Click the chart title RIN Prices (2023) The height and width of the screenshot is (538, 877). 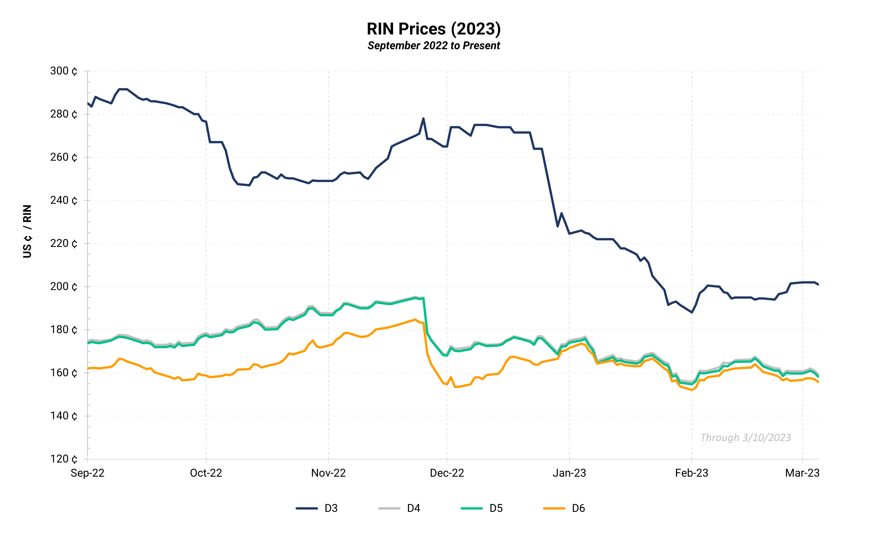point(433,29)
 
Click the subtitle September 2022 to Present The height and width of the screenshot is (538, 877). point(433,46)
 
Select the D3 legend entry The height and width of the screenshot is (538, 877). point(317,508)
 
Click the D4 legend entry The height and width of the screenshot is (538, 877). point(399,508)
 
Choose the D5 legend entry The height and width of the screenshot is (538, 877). point(482,508)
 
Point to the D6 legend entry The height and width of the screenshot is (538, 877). point(564,508)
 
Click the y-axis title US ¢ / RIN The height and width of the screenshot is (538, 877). point(27,231)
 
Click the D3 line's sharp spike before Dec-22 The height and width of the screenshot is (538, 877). point(423,119)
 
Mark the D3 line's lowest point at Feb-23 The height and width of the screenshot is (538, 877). point(692,312)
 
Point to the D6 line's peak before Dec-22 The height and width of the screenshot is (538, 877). point(415,319)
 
